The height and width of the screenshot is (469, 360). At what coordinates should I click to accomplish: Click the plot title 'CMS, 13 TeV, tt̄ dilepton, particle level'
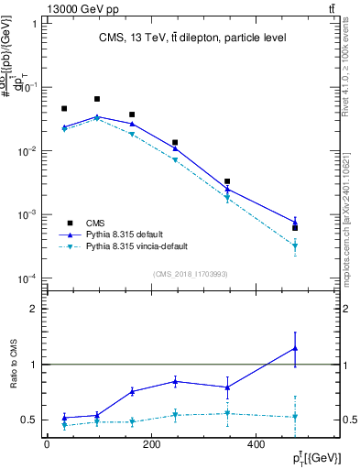click(192, 38)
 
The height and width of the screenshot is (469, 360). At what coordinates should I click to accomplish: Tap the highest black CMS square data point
click(97, 99)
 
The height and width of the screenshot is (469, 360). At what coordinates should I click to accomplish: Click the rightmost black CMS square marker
click(295, 228)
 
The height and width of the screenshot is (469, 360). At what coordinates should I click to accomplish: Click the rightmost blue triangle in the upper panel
click(295, 222)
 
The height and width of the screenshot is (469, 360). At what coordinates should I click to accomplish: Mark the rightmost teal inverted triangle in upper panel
click(295, 245)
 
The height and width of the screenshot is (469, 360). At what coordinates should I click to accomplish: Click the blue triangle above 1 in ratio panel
click(295, 348)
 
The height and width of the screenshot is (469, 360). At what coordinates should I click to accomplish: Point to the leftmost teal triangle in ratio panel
click(64, 425)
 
